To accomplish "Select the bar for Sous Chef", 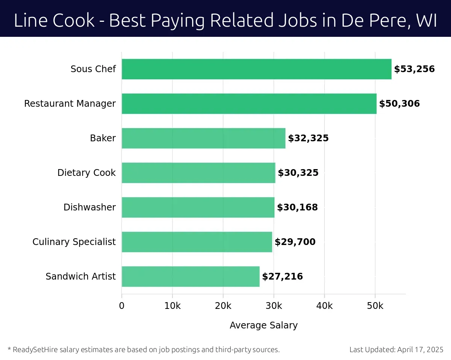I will point(256,69).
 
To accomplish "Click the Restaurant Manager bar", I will point(249,104).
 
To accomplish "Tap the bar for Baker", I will point(203,138).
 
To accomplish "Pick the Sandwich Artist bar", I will point(191,277).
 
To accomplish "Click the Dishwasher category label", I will point(89,207).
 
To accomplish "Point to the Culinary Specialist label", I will point(74,242).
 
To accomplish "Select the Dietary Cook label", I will point(86,173).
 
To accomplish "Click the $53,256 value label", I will point(414,69).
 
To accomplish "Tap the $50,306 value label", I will point(399,104).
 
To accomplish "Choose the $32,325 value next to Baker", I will point(308,138).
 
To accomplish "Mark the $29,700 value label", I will point(295,242).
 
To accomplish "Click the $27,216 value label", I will point(282,277).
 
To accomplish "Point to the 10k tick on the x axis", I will point(172,306).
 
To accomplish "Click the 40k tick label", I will point(324,306).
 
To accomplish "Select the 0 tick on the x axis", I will point(122,306).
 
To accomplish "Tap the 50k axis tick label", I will point(375,306).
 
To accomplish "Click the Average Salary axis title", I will point(263,325).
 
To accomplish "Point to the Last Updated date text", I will point(397,350).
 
